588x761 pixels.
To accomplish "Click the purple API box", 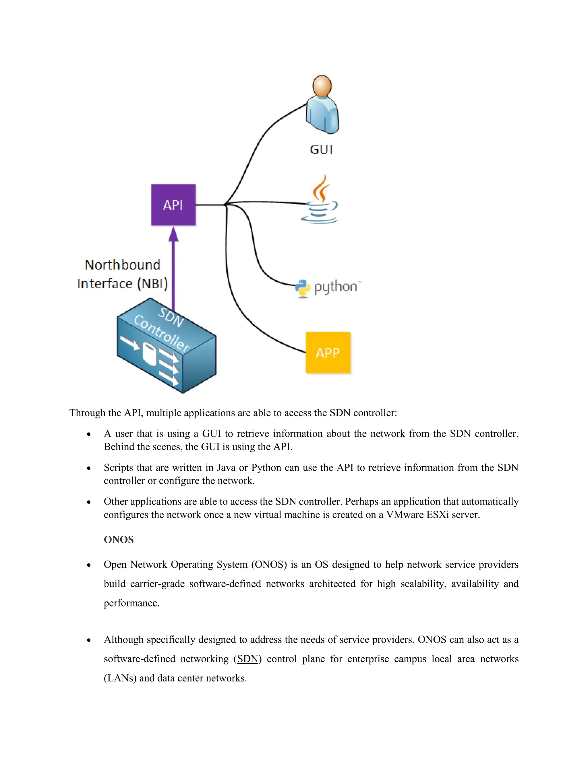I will [173, 205].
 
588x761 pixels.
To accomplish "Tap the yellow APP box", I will [328, 353].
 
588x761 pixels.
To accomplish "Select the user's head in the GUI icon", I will [322, 86].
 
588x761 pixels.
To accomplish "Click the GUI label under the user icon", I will [321, 150].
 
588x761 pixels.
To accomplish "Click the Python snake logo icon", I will [302, 288].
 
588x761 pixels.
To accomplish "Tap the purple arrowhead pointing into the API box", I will [173, 235].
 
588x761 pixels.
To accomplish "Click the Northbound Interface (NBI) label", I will [122, 274].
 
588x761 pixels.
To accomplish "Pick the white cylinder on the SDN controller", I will [149, 354].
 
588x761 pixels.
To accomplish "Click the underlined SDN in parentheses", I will [247, 659].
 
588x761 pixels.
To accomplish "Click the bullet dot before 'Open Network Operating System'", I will [89, 565].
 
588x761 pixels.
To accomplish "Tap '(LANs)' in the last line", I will [120, 678].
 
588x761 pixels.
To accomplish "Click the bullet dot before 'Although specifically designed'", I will [89, 640].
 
